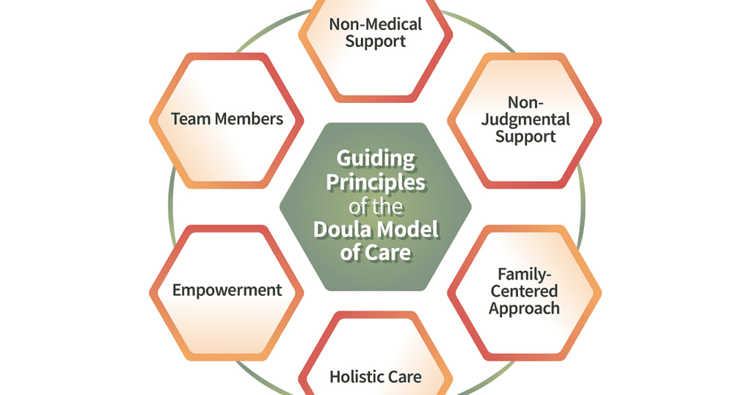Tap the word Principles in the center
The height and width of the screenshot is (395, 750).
(x=376, y=182)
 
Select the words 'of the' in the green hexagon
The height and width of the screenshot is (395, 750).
(x=376, y=206)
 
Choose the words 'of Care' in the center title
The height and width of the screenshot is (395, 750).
(x=376, y=253)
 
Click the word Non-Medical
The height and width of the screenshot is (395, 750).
(x=376, y=24)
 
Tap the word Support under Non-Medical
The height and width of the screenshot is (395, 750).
(x=376, y=41)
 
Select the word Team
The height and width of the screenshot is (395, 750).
(x=191, y=119)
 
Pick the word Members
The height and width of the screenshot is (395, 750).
(x=249, y=119)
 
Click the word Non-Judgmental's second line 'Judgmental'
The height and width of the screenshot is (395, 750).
(x=525, y=120)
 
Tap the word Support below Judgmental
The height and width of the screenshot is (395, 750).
(x=525, y=137)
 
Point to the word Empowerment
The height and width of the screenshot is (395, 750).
(x=227, y=290)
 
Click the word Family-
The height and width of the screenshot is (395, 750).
(x=525, y=275)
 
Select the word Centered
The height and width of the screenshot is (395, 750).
(x=525, y=291)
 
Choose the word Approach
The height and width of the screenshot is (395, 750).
(x=525, y=308)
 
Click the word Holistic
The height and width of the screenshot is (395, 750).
(x=354, y=377)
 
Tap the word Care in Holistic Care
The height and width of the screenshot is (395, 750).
(x=402, y=377)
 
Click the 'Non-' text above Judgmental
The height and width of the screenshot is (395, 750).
(x=525, y=103)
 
